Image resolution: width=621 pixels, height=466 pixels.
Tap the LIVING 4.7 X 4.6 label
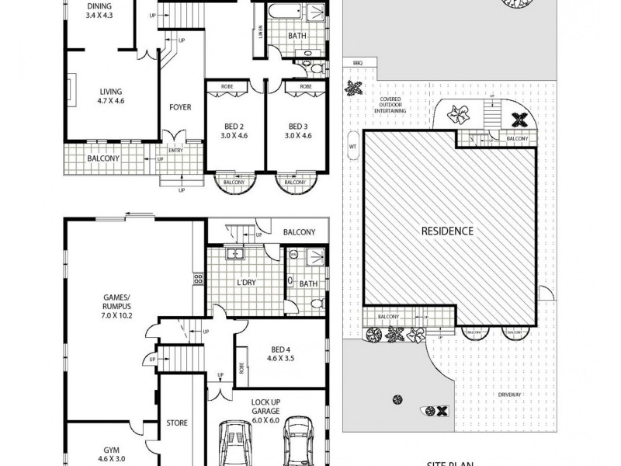tap(100, 96)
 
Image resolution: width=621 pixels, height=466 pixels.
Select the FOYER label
tap(181, 107)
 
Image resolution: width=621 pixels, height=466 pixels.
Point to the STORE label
tap(177, 423)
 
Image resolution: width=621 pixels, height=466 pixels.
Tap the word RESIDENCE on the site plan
tap(447, 231)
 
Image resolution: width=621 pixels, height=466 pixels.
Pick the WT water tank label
tap(352, 145)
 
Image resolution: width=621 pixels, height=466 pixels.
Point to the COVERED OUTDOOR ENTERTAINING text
tap(390, 106)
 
